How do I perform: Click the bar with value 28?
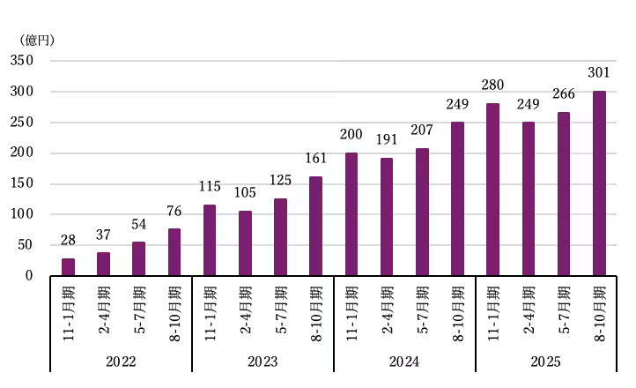coord(68,266)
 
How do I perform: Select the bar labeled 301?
coord(599,183)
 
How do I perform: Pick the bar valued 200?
coord(351,214)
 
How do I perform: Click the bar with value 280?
coord(492,190)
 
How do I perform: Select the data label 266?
coord(564,95)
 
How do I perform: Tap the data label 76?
coord(174,213)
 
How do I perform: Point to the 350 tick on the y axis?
coord(22,61)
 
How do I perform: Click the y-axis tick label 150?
coord(22,183)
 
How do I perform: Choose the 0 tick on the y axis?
coord(29,276)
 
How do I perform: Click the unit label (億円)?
coord(34,40)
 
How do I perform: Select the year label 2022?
coord(121,362)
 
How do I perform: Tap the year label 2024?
coord(404,362)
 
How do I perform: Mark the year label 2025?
coord(546,362)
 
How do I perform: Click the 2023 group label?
coord(263,362)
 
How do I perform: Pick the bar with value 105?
coord(245,243)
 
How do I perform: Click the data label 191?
coord(387,141)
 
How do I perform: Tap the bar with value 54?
coord(138,258)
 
